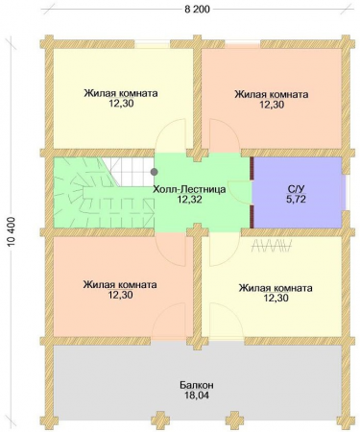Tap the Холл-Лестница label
click(189, 190)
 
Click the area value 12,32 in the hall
click(189, 202)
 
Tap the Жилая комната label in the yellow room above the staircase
click(120, 94)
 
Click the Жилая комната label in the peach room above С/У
click(272, 94)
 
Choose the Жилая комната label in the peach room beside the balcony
click(120, 285)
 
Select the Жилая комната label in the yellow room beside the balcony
click(276, 286)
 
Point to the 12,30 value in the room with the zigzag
click(276, 299)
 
